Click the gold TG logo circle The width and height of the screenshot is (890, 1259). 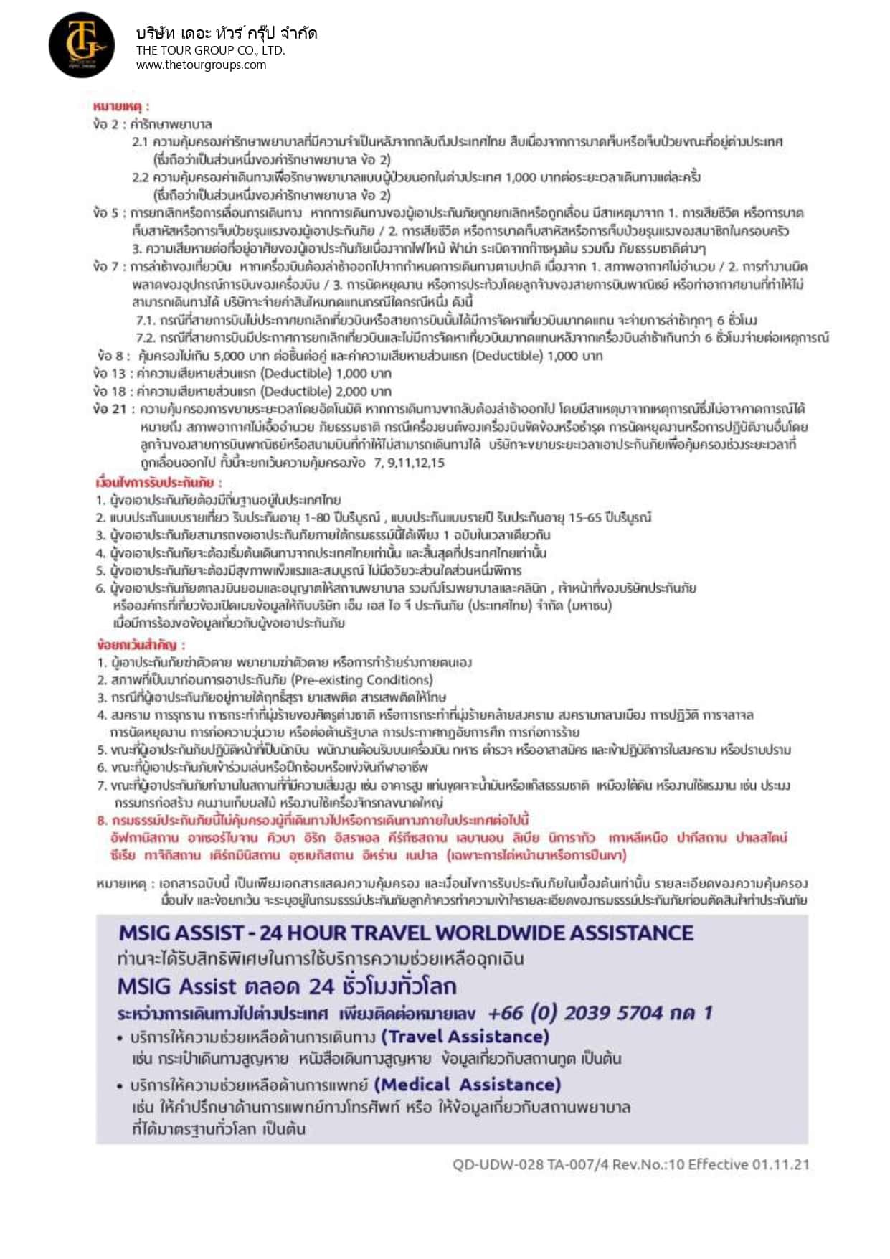[x=81, y=45]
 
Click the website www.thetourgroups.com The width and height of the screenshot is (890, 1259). [x=201, y=65]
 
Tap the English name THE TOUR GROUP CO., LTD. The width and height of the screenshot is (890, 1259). [x=210, y=50]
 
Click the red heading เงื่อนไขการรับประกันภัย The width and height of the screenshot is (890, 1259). [x=158, y=482]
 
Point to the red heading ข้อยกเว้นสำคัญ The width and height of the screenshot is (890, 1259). [x=141, y=644]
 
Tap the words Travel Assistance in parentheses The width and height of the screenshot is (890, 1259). [x=465, y=1037]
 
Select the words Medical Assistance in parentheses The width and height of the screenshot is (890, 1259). [x=467, y=1084]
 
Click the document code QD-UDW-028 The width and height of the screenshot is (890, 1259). [x=498, y=1164]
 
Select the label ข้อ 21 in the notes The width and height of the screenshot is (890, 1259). [x=109, y=409]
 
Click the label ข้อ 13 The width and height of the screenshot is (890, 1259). [x=109, y=373]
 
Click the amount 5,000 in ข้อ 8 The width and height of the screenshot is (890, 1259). [x=229, y=356]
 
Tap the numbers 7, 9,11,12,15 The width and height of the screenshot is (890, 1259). [x=409, y=463]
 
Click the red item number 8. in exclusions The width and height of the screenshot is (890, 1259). [x=103, y=820]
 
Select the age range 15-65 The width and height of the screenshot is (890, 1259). [x=587, y=517]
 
